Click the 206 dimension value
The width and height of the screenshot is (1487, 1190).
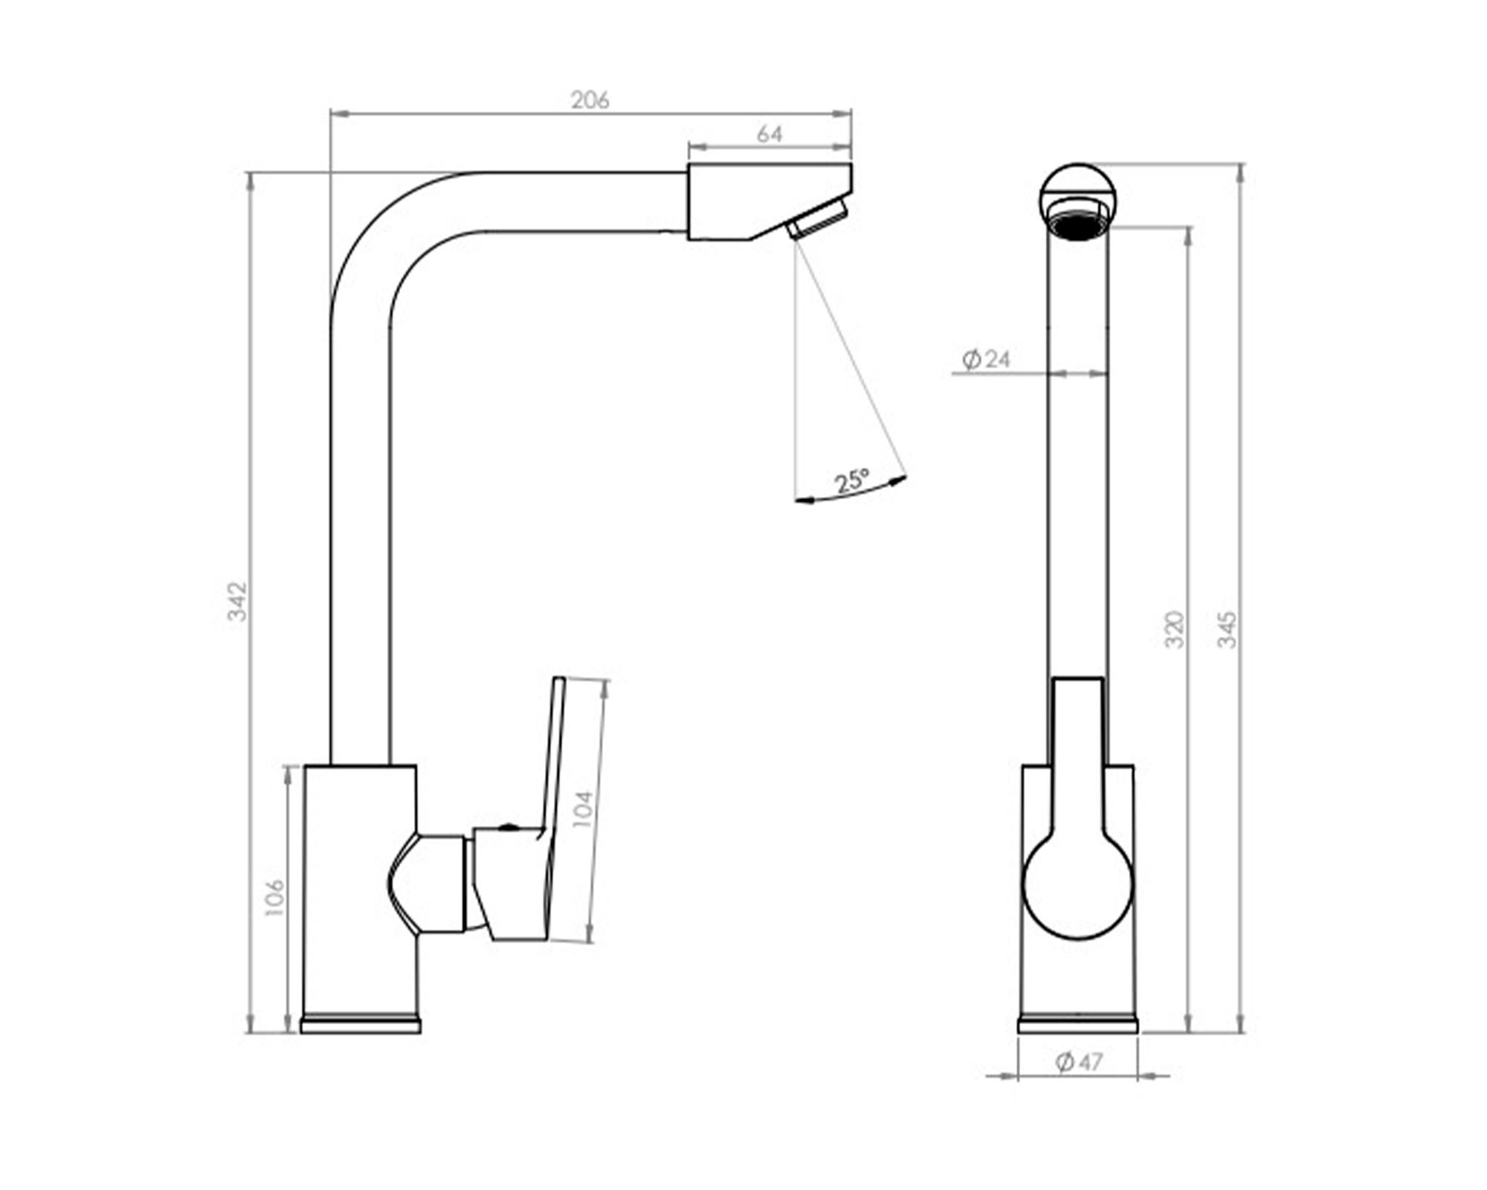click(590, 100)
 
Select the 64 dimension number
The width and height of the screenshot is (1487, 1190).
click(770, 135)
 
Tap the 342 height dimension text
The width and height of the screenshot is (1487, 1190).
click(236, 602)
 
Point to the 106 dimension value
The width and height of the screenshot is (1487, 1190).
click(274, 897)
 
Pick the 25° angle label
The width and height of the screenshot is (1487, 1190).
click(852, 480)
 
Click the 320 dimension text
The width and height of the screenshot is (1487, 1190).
click(1174, 629)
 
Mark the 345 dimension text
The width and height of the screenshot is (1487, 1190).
click(1227, 629)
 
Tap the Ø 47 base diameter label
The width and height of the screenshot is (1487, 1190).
click(1079, 1061)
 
